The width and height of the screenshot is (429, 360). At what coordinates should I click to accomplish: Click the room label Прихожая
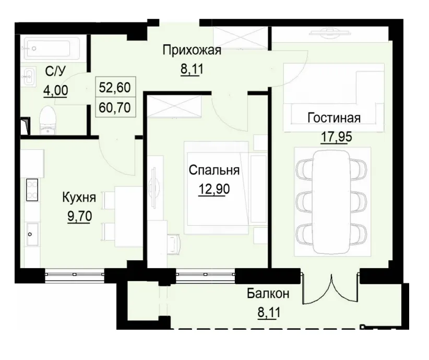(x=192, y=51)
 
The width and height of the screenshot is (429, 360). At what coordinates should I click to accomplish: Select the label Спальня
(x=214, y=170)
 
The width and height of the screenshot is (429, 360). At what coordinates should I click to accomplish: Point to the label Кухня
(x=79, y=198)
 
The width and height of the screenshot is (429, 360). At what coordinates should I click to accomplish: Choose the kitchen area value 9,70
(x=79, y=215)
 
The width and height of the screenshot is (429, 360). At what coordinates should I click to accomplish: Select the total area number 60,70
(x=115, y=108)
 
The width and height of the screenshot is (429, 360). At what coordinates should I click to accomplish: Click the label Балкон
(x=268, y=294)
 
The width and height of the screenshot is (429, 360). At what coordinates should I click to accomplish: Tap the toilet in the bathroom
(x=47, y=120)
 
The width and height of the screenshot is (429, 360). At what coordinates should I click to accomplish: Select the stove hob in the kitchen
(x=32, y=189)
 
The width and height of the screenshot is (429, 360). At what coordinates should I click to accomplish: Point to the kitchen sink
(x=31, y=233)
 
